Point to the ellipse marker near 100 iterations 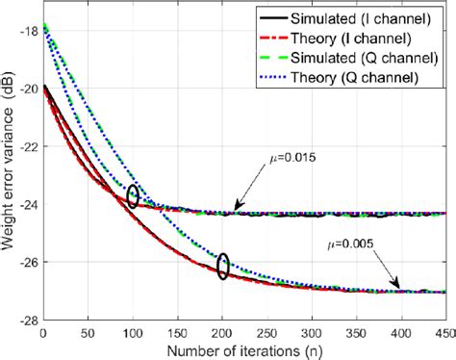pos(133,196)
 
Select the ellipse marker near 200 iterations pos(223,266)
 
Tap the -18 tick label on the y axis pos(26,30)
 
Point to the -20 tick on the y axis pos(26,88)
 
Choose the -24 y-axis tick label pos(26,203)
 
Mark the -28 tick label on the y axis pos(26,319)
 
